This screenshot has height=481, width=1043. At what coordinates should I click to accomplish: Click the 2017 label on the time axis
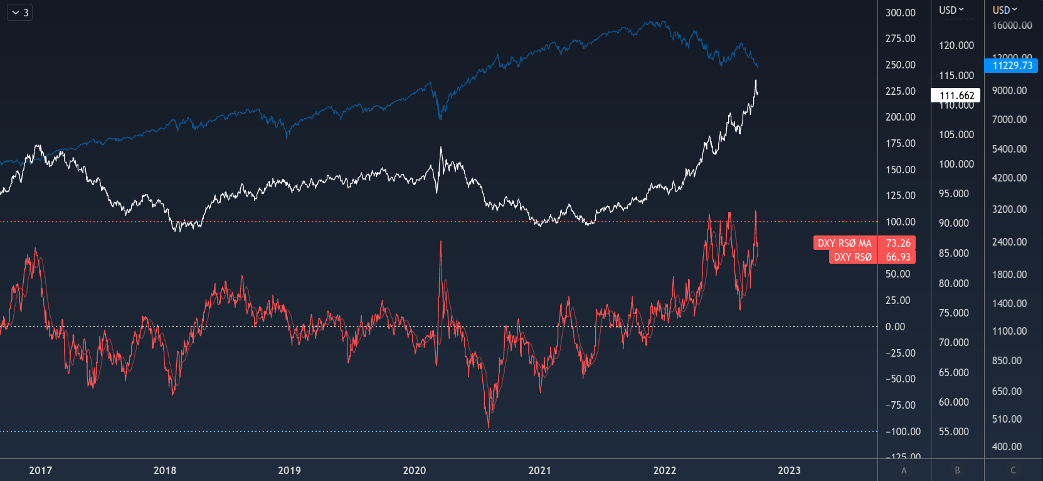point(41,470)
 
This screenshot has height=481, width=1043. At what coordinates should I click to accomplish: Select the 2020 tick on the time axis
point(415,470)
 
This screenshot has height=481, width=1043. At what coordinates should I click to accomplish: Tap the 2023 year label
point(789,470)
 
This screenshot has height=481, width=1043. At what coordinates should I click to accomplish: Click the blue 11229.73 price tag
point(1012,65)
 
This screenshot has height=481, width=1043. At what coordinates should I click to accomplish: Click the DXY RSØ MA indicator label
point(844,243)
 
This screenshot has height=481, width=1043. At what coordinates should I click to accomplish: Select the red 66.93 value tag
point(897,257)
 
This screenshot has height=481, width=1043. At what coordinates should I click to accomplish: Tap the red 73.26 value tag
point(897,243)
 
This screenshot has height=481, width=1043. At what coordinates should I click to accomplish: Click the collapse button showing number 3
point(19,13)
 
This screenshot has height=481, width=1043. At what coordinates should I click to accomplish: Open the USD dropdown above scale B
point(951,10)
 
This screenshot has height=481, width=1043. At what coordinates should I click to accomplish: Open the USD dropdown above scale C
point(1005,10)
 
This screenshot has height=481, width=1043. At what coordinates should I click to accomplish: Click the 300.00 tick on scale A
point(900,13)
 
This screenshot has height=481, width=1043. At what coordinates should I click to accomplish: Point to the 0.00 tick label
point(895,327)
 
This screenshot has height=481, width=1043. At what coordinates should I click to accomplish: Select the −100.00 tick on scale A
point(903,431)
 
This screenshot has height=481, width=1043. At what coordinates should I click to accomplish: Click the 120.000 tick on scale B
point(956,45)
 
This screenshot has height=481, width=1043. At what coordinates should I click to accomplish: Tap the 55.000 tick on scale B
point(953,431)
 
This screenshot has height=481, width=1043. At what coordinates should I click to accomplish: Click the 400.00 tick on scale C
point(1007,446)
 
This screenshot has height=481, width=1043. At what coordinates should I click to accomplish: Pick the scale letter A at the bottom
point(904,470)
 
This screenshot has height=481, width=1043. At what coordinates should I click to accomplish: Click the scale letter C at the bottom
point(1013,470)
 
